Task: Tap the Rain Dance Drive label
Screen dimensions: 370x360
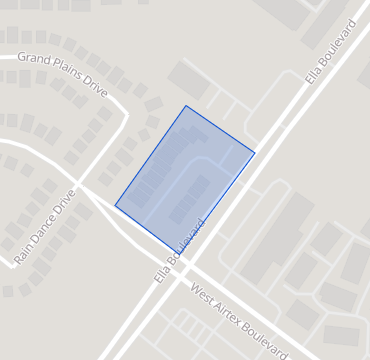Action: coord(45,228)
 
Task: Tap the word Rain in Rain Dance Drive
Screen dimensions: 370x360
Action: coord(23,255)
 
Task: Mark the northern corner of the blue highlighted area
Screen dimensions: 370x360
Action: coord(185,105)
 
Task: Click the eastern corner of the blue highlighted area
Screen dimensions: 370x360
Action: coord(255,153)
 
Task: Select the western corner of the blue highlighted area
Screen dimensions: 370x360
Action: coord(115,206)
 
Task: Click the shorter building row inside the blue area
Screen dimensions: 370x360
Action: coord(190,199)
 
